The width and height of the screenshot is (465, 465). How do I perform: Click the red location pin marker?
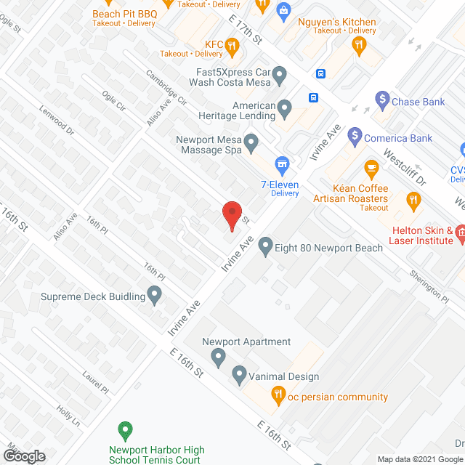(x=231, y=215)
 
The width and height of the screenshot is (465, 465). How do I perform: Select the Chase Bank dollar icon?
(x=382, y=97)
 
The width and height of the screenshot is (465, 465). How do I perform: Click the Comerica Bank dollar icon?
(x=355, y=134)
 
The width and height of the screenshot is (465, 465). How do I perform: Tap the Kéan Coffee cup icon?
(x=371, y=170)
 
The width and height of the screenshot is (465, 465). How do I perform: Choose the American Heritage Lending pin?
(x=285, y=109)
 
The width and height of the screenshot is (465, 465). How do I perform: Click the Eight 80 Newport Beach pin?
(x=266, y=245)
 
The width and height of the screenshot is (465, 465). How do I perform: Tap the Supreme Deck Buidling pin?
(x=154, y=294)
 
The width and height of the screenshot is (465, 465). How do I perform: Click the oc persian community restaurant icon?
(x=278, y=396)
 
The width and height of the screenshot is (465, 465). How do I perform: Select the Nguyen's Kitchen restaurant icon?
(x=358, y=45)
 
